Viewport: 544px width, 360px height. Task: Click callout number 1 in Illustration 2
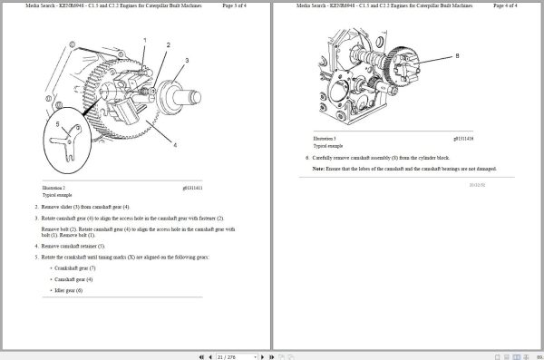[146, 40]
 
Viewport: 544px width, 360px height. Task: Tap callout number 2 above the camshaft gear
[167, 44]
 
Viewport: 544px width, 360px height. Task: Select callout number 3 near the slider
[187, 60]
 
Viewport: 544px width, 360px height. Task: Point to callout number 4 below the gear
[176, 145]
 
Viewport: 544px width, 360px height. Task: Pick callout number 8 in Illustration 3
[457, 55]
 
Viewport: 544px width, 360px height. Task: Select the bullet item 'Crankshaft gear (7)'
[75, 268]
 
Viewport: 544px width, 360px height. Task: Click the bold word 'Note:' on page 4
[318, 169]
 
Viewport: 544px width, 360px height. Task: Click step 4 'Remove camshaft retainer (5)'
[73, 246]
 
